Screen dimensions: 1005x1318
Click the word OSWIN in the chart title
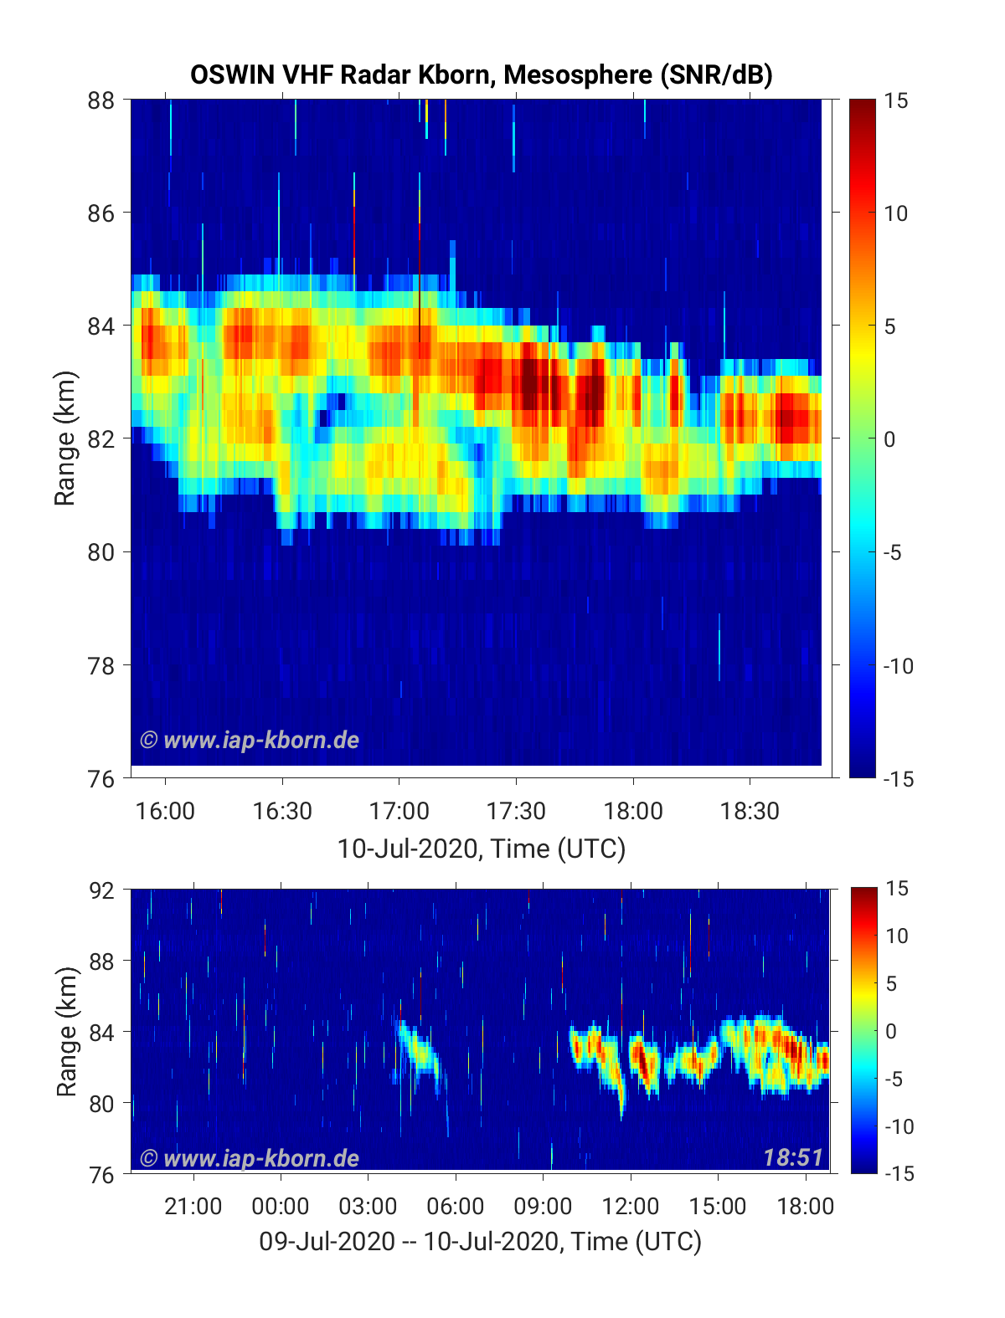pyautogui.click(x=233, y=75)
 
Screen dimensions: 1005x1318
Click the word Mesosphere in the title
pyautogui.click(x=578, y=75)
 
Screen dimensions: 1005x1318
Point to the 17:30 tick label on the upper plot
pyautogui.click(x=515, y=811)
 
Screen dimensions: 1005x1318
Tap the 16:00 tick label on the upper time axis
pyautogui.click(x=165, y=811)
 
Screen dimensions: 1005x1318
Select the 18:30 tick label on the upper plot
pyautogui.click(x=750, y=811)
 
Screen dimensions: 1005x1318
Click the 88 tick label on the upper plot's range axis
pyautogui.click(x=101, y=100)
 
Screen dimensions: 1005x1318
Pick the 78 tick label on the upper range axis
pyautogui.click(x=101, y=665)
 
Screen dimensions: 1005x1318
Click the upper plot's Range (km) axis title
pyautogui.click(x=64, y=438)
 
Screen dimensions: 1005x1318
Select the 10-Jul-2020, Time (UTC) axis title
pyautogui.click(x=482, y=849)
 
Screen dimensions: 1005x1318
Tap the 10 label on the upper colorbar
pyautogui.click(x=895, y=213)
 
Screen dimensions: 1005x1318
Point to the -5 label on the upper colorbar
pyautogui.click(x=892, y=552)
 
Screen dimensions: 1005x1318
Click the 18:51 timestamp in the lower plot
pyautogui.click(x=793, y=1157)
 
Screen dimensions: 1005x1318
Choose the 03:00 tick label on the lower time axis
pyautogui.click(x=368, y=1206)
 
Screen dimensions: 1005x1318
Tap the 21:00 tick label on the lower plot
pyautogui.click(x=193, y=1206)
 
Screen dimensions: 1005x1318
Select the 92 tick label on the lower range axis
pyautogui.click(x=101, y=890)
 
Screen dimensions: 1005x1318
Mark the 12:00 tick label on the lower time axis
pyautogui.click(x=630, y=1206)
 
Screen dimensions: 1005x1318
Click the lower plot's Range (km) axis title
pyautogui.click(x=67, y=1032)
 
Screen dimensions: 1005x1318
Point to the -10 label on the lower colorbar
pyautogui.click(x=899, y=1126)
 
